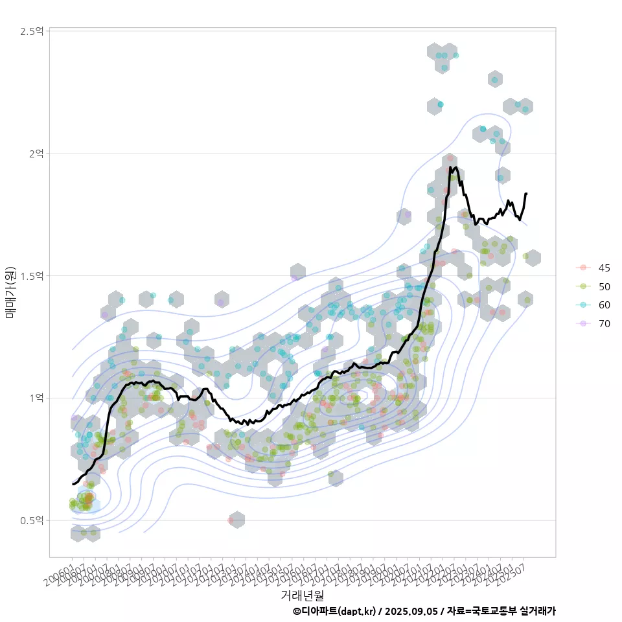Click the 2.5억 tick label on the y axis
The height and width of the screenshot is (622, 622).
(x=32, y=31)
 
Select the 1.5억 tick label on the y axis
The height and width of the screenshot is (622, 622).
(x=32, y=276)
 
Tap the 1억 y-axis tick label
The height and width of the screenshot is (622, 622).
(x=36, y=398)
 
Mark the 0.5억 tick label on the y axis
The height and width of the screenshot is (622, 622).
(x=32, y=520)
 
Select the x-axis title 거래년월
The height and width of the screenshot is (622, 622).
(x=302, y=595)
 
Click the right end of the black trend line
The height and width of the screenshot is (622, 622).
(x=526, y=193)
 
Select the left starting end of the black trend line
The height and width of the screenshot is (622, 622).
(x=73, y=484)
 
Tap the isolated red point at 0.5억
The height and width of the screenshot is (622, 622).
(x=231, y=520)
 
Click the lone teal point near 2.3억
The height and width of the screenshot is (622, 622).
(x=494, y=80)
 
